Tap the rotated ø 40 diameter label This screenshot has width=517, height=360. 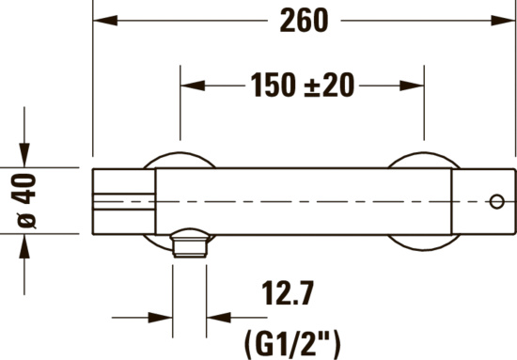tap(27, 201)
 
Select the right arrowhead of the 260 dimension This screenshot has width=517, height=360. tap(506, 21)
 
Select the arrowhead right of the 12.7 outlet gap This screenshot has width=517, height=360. tap(217, 317)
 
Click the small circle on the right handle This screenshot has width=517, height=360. tap(495, 200)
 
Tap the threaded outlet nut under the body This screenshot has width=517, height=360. tap(190, 246)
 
